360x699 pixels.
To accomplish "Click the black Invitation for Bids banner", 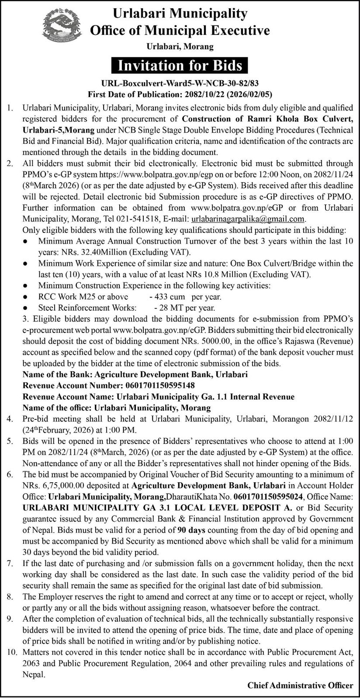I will point(180,66).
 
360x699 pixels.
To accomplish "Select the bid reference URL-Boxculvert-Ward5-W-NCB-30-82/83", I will point(180,83).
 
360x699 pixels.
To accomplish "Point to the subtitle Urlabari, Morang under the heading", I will point(180,46).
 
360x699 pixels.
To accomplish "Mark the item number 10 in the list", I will point(11,652).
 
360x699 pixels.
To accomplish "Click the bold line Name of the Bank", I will point(135,374).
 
